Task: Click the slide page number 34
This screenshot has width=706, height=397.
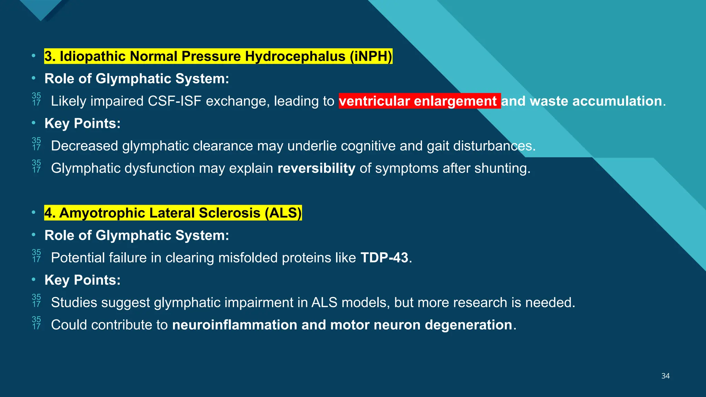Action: click(x=665, y=376)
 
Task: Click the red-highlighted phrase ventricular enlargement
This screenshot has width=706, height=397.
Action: click(x=419, y=101)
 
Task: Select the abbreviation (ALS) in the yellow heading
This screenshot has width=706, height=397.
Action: click(x=283, y=213)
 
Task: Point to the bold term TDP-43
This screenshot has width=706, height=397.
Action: click(x=384, y=258)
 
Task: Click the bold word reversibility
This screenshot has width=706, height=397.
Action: click(x=316, y=169)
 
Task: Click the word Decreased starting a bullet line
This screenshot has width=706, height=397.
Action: click(x=84, y=146)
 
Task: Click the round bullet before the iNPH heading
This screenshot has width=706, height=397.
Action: click(x=33, y=56)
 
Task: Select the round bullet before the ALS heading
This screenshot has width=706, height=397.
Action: click(x=33, y=213)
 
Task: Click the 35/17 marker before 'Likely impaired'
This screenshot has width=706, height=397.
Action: click(x=36, y=99)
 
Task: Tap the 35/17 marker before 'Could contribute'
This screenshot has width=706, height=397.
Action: click(x=36, y=323)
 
